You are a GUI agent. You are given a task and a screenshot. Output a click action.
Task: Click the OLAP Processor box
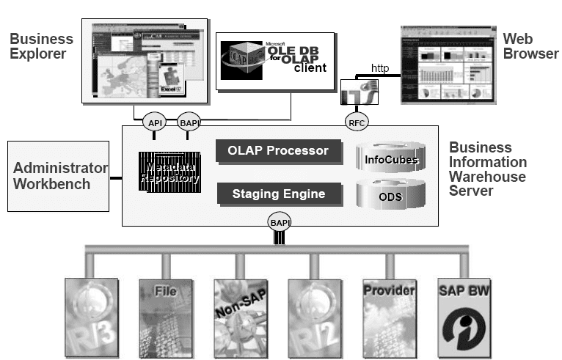coord(280,151)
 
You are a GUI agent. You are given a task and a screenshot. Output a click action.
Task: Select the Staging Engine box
coord(280,194)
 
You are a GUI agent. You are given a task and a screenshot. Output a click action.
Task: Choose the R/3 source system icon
coord(91,316)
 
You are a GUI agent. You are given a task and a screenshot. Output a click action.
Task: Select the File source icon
coord(165,316)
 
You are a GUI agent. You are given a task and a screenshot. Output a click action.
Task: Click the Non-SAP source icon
coord(240,316)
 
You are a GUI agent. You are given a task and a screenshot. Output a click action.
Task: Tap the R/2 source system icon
coord(314,316)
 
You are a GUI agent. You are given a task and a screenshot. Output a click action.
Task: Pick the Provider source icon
coord(389,316)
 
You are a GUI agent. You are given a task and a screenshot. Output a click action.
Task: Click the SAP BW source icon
coord(464,316)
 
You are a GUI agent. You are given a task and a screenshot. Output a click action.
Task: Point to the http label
coord(379,68)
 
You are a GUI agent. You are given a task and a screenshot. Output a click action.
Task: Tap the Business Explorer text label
coord(41,46)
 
